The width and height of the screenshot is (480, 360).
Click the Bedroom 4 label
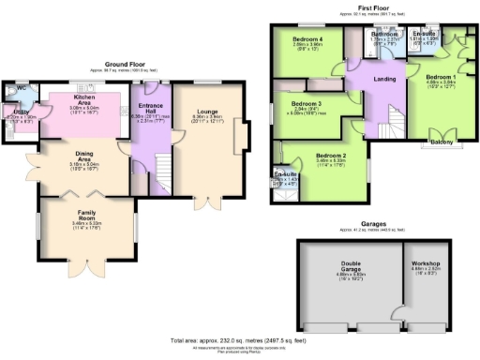[x=307, y=39]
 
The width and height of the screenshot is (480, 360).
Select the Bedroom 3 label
[x=306, y=103]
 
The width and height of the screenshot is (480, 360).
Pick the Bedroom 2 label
[x=331, y=155]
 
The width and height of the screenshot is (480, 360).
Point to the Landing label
[x=383, y=79]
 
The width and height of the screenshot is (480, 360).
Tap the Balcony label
[x=442, y=142]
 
